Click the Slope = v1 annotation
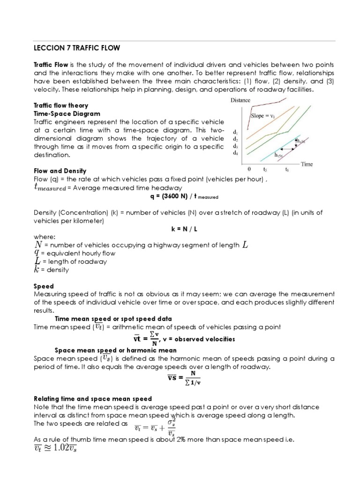click(x=264, y=116)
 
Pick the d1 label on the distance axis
click(x=235, y=132)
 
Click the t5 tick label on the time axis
click(x=265, y=171)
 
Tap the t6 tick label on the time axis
click(x=287, y=171)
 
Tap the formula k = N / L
click(x=180, y=229)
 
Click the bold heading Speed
click(x=44, y=285)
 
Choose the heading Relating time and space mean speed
click(x=92, y=398)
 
